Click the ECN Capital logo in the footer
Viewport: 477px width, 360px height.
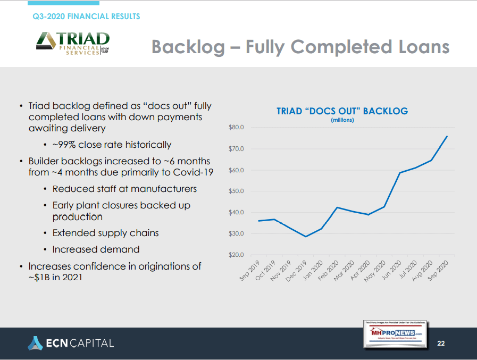coord(71,343)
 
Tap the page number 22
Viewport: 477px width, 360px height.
coord(441,343)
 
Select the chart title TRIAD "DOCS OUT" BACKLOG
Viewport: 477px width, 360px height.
coord(342,111)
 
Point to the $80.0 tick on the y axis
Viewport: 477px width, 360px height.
coord(236,128)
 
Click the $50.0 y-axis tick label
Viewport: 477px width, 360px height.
coord(236,191)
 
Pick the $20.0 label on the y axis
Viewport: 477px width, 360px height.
coord(236,255)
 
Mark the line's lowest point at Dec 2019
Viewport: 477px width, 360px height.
coord(306,236)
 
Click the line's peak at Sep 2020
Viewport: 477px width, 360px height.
coord(447,136)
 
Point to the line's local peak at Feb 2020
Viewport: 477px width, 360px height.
coord(337,207)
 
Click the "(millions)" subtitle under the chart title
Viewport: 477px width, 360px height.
coord(342,120)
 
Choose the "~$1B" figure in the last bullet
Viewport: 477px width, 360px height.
coord(40,278)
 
